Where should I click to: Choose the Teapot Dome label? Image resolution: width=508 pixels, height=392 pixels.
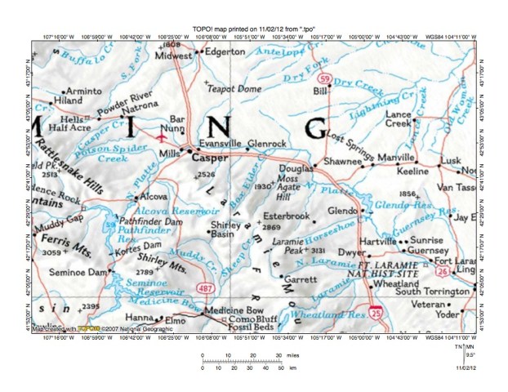234,88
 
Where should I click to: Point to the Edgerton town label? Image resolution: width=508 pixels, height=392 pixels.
226,51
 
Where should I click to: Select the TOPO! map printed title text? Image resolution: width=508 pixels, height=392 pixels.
254,28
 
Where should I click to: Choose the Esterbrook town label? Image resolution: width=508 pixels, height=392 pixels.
287,216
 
